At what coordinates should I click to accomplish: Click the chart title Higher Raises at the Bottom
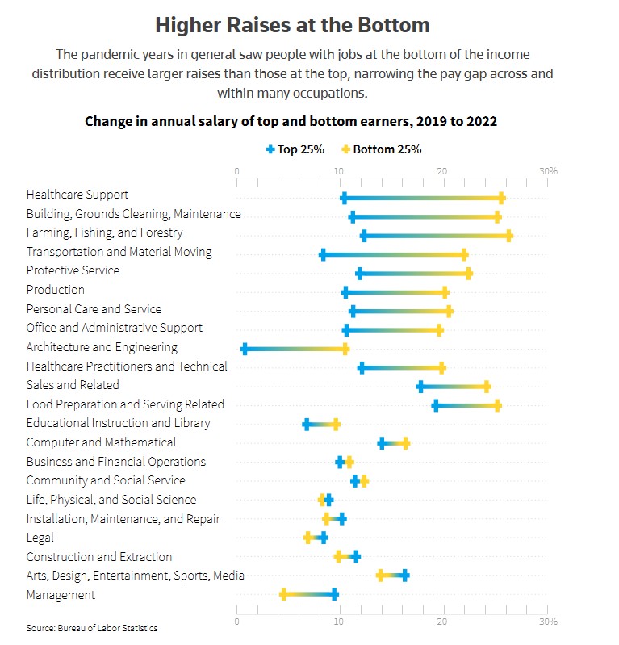click(x=291, y=25)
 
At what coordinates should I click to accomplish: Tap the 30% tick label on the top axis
click(x=548, y=171)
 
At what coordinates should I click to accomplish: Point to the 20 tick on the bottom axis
click(x=442, y=622)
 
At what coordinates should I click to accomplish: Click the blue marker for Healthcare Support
click(x=344, y=198)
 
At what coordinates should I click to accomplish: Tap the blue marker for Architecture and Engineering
click(x=245, y=348)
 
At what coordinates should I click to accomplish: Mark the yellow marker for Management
click(x=283, y=595)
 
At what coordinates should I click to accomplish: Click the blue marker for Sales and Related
click(x=420, y=387)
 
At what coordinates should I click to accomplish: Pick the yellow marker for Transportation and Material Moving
click(x=464, y=254)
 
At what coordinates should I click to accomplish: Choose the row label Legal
click(x=40, y=538)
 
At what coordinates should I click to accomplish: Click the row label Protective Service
click(x=73, y=270)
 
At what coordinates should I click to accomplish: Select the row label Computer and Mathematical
click(x=101, y=442)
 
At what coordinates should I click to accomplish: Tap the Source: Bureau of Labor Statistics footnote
click(x=91, y=628)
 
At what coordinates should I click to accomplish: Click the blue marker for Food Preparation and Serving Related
click(x=436, y=405)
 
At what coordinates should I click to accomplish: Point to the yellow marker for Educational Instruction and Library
click(x=336, y=424)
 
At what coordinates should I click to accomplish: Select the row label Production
click(x=55, y=290)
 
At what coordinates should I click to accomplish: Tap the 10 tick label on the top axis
click(x=339, y=171)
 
